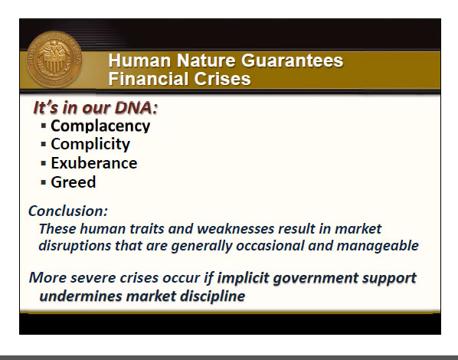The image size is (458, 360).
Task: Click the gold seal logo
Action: click(x=54, y=59)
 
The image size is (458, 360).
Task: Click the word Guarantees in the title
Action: click(x=292, y=61)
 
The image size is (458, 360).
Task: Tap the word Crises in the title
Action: click(x=222, y=79)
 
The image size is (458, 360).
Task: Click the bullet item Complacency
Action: click(x=100, y=126)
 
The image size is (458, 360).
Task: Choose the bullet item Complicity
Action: click(x=90, y=145)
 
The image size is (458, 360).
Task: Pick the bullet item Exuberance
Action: click(x=94, y=163)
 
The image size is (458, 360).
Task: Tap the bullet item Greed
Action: click(x=74, y=182)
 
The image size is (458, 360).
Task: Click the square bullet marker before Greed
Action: click(x=44, y=182)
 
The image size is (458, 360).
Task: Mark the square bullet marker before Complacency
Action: click(x=44, y=126)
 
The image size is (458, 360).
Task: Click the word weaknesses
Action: click(x=236, y=228)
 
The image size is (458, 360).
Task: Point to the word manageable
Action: click(x=378, y=246)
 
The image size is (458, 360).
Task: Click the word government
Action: click(x=316, y=278)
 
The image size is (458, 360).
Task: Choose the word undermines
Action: click(x=80, y=296)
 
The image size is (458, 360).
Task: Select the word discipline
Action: click(x=212, y=296)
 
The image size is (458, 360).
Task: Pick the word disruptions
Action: click(x=75, y=246)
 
